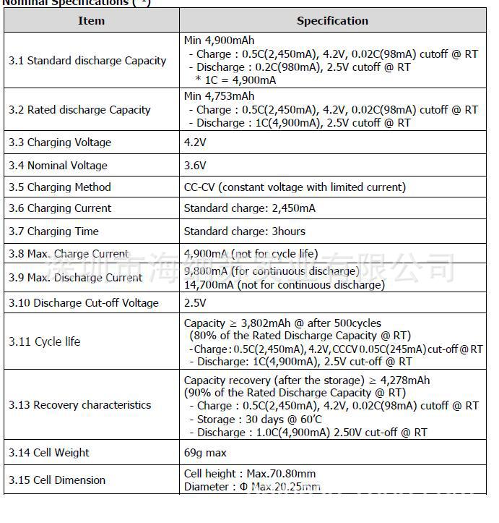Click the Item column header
click(x=91, y=20)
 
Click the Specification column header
click(x=332, y=20)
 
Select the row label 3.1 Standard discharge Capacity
click(x=87, y=61)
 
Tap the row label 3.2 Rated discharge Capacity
click(x=79, y=110)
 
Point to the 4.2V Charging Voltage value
click(x=195, y=143)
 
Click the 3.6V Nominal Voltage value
click(x=195, y=165)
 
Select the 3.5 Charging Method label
click(x=60, y=187)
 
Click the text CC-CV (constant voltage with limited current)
click(x=295, y=187)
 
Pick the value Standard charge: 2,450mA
click(x=249, y=208)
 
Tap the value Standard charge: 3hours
click(x=244, y=231)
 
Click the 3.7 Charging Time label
click(x=53, y=231)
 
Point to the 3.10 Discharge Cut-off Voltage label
click(x=84, y=302)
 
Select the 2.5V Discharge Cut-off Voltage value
click(x=195, y=302)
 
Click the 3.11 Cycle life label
click(x=45, y=341)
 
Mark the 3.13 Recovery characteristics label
click(x=80, y=405)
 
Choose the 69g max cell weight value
click(x=205, y=453)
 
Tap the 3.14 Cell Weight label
click(x=49, y=453)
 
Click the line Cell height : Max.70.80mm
click(x=249, y=474)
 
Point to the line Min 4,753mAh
click(x=219, y=96)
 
